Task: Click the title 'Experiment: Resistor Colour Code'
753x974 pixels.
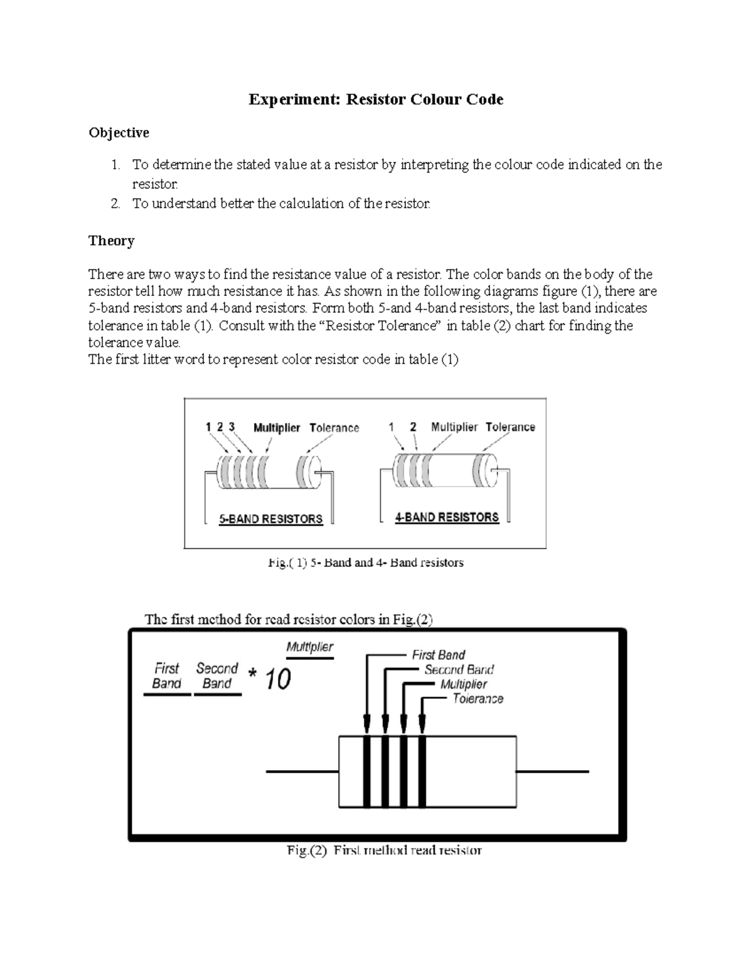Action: pyautogui.click(x=376, y=100)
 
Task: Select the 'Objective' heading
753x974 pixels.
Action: pyautogui.click(x=119, y=133)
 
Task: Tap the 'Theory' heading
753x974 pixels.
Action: pyautogui.click(x=111, y=241)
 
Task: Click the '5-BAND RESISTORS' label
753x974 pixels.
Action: pyautogui.click(x=270, y=519)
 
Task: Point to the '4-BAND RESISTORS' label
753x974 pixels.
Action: pyautogui.click(x=447, y=517)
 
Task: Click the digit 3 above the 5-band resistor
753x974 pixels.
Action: pyautogui.click(x=232, y=427)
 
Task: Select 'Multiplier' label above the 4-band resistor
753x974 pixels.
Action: pyautogui.click(x=454, y=427)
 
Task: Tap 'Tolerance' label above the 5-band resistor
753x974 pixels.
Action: pyautogui.click(x=334, y=428)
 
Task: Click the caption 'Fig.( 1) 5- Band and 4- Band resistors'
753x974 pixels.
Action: pyautogui.click(x=366, y=563)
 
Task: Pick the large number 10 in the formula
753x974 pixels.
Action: pyautogui.click(x=278, y=679)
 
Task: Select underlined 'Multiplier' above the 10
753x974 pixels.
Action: pyautogui.click(x=310, y=647)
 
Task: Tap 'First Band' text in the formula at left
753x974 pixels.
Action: pyautogui.click(x=167, y=676)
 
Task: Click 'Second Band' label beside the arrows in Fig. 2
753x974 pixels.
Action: pyautogui.click(x=459, y=670)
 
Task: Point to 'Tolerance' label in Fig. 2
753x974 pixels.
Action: pyautogui.click(x=478, y=699)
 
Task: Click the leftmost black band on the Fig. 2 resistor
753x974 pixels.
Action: pyautogui.click(x=367, y=771)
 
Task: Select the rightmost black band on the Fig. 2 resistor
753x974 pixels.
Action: pyautogui.click(x=422, y=771)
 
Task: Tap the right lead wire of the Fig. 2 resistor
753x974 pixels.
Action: pyautogui.click(x=553, y=771)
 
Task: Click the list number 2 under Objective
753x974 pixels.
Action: pyautogui.click(x=115, y=204)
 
